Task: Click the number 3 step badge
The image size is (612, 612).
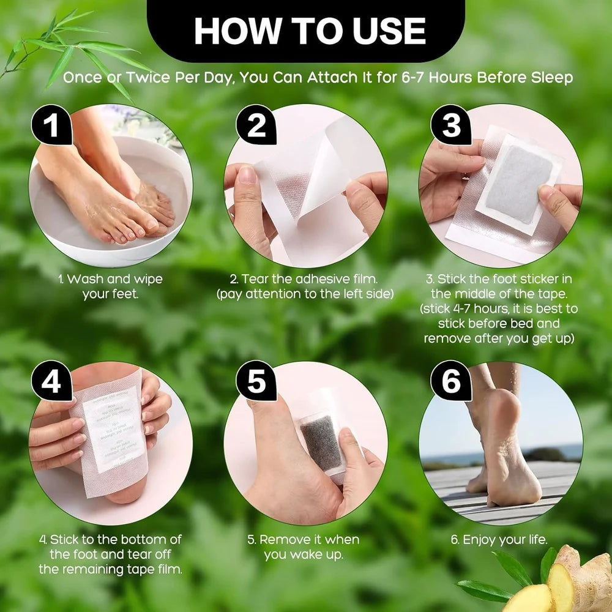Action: tap(451, 125)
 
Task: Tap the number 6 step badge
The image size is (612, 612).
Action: tap(451, 382)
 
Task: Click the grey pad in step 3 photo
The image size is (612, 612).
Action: tap(518, 183)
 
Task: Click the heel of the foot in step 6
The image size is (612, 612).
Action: tap(520, 483)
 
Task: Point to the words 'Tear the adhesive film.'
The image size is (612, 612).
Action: tap(305, 279)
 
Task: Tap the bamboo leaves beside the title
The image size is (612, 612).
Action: tap(73, 52)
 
